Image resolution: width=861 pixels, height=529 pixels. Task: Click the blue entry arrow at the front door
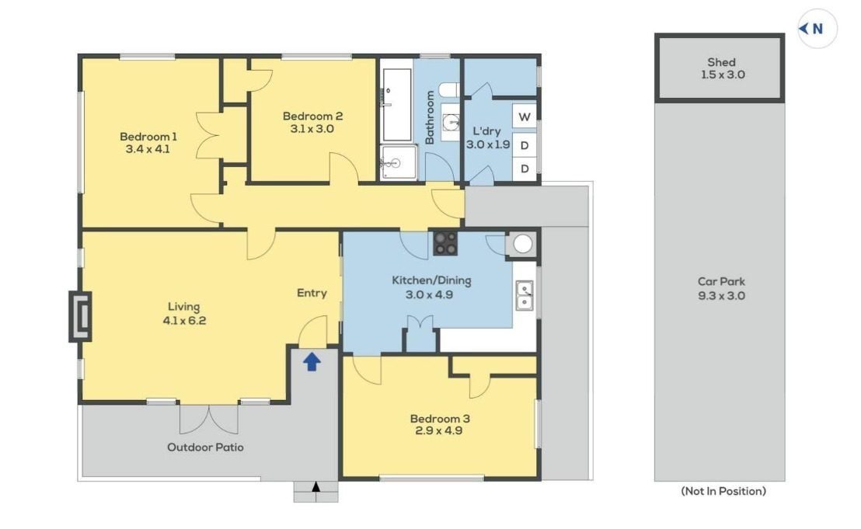pos(312,362)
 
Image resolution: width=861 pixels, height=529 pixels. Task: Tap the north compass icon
pos(817,29)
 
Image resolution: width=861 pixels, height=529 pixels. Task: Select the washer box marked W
pos(525,117)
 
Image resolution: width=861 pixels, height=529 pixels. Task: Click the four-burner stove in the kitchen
pos(445,243)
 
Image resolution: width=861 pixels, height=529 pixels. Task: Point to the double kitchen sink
pos(525,295)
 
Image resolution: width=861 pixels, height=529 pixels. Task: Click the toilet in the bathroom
pos(450,89)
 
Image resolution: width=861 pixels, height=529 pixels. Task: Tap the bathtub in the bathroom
pos(396,104)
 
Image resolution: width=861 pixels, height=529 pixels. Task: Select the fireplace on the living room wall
pos(80,317)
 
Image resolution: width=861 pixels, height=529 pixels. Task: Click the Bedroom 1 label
pos(148,137)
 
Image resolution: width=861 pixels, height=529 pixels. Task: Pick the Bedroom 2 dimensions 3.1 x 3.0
pos(312,129)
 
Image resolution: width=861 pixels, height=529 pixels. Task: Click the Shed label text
pos(722,62)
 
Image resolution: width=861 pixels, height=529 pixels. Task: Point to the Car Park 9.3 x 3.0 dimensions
pos(722,296)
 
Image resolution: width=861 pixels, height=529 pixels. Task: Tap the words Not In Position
pos(723,491)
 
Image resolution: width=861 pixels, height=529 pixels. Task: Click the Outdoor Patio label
pos(205,447)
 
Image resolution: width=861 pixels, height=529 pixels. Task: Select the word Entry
pos(312,293)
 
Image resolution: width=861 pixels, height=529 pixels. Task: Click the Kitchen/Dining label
pos(431,280)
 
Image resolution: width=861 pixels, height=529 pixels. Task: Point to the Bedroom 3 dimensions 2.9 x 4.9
pos(438,431)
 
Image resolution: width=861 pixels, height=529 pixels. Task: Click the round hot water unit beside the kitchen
pos(522,244)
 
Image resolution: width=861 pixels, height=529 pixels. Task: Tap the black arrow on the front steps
pos(315,486)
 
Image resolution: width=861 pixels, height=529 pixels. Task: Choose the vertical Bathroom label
pos(430,117)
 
